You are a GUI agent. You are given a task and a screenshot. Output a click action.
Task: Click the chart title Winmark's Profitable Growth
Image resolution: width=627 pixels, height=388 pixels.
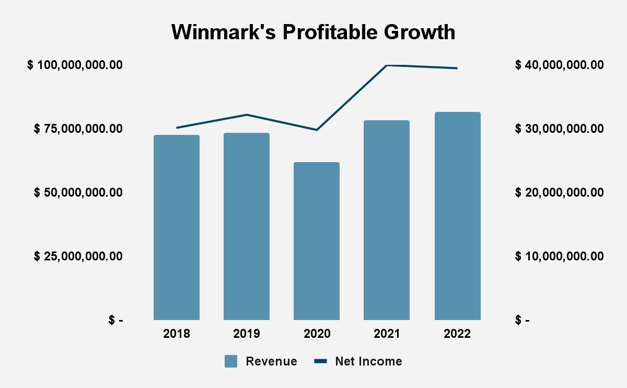[x=313, y=32]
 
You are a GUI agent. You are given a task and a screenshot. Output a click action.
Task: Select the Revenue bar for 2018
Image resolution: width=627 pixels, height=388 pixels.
[x=177, y=227]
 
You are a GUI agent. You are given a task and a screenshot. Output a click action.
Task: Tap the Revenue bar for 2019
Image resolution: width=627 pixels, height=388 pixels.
[x=247, y=226]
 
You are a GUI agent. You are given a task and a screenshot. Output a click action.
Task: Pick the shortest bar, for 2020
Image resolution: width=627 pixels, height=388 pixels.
[x=317, y=241]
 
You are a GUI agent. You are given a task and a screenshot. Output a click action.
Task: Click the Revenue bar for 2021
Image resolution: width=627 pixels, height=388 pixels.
[x=387, y=220]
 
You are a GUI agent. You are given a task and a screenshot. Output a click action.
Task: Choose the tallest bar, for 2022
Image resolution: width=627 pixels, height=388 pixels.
[x=457, y=216]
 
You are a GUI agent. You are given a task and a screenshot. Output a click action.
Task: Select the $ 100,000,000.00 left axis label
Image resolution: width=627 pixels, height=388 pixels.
[x=75, y=65]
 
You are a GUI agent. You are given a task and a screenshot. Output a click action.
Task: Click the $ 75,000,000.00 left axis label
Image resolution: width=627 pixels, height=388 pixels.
[x=78, y=129]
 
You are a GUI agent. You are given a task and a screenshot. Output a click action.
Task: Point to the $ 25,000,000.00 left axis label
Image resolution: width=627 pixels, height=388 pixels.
[x=78, y=256]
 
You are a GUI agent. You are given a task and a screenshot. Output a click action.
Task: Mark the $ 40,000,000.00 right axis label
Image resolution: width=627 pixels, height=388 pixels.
[x=559, y=65]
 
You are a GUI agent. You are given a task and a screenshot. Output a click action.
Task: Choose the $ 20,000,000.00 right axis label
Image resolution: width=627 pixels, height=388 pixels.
[x=559, y=192]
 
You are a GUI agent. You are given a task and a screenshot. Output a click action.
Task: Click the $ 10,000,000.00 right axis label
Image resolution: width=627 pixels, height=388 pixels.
[x=559, y=256]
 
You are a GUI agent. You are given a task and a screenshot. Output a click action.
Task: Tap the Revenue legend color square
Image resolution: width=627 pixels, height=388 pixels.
[x=231, y=361]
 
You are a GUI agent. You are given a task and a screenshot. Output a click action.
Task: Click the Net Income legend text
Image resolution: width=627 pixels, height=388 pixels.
[x=368, y=361]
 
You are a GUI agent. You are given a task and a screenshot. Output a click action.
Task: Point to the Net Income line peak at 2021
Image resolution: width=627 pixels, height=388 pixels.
[x=387, y=65]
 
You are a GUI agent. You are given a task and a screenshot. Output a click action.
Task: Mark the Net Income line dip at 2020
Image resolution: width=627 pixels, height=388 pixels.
[x=317, y=130]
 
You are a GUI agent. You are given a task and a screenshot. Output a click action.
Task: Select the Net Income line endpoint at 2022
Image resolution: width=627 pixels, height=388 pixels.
[x=457, y=68]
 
